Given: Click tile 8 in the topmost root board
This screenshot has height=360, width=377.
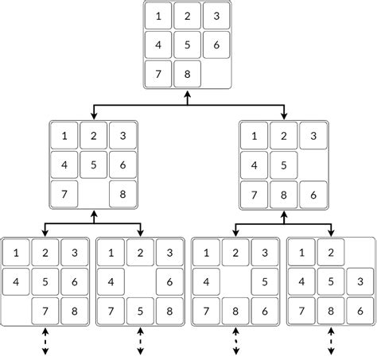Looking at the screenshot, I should (187, 73).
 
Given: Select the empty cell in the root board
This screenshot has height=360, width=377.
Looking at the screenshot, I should (216, 73).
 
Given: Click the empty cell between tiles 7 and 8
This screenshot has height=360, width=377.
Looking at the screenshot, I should (94, 194).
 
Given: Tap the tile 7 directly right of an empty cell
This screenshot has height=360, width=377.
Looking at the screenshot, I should (45, 310).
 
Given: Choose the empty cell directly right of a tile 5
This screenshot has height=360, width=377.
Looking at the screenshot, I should (313, 166).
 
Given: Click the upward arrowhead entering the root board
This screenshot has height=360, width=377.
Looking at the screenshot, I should (188, 96).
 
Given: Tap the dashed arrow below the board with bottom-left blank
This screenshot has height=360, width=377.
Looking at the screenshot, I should (45, 341).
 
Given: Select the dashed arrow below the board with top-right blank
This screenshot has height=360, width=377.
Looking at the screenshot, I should (331, 341).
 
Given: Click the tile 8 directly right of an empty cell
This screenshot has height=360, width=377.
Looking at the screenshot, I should (123, 194).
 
